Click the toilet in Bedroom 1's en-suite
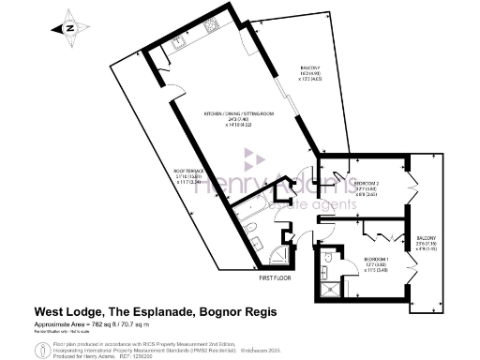pos(328,257)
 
